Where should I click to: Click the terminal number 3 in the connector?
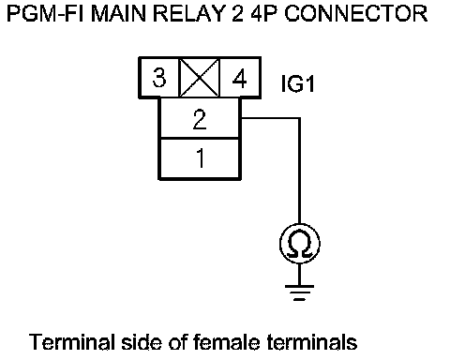tap(159, 78)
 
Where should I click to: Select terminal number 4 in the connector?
tap(240, 78)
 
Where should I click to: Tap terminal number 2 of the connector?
tap(200, 119)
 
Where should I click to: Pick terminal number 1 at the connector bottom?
tap(200, 157)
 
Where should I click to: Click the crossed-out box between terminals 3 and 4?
tap(200, 78)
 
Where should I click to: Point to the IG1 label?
tap(298, 83)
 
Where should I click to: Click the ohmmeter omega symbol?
tap(300, 244)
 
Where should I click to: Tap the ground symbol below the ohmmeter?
tap(299, 292)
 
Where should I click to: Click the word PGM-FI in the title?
tap(46, 13)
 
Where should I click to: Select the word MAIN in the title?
tap(119, 13)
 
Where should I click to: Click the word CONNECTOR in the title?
tap(356, 13)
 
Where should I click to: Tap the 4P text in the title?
tap(264, 13)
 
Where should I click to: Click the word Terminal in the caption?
tap(72, 341)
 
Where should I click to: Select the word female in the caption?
tap(226, 341)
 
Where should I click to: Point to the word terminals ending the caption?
tap(311, 341)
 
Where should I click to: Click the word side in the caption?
tap(142, 341)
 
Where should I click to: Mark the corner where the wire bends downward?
tap(299, 118)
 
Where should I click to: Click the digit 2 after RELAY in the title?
tap(238, 13)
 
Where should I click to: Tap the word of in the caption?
tap(177, 341)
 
